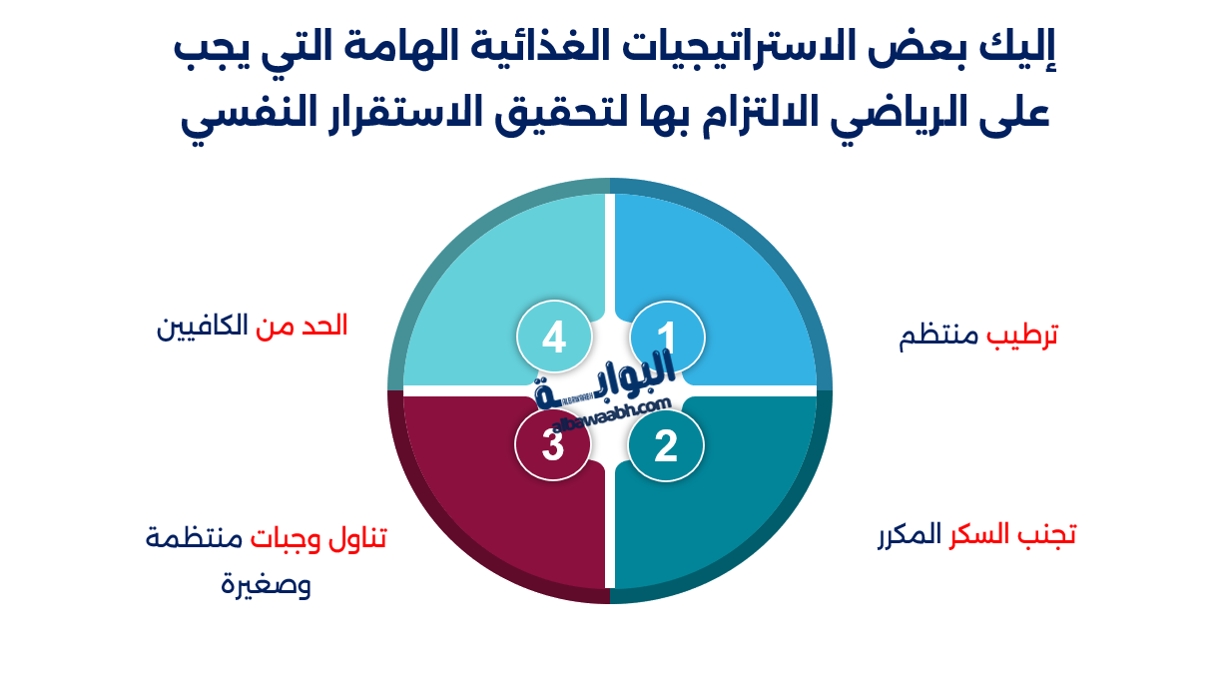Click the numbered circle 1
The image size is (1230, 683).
pyautogui.click(x=667, y=338)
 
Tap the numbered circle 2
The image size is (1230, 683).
pyautogui.click(x=666, y=445)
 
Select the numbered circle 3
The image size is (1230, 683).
pyautogui.click(x=553, y=445)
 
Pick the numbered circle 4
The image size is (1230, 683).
pyautogui.click(x=554, y=338)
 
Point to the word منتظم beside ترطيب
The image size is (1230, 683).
pyautogui.click(x=939, y=337)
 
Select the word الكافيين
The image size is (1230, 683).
pyautogui.click(x=203, y=327)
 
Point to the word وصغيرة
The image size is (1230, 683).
pyautogui.click(x=266, y=583)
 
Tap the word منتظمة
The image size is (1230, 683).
pyautogui.click(x=194, y=539)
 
